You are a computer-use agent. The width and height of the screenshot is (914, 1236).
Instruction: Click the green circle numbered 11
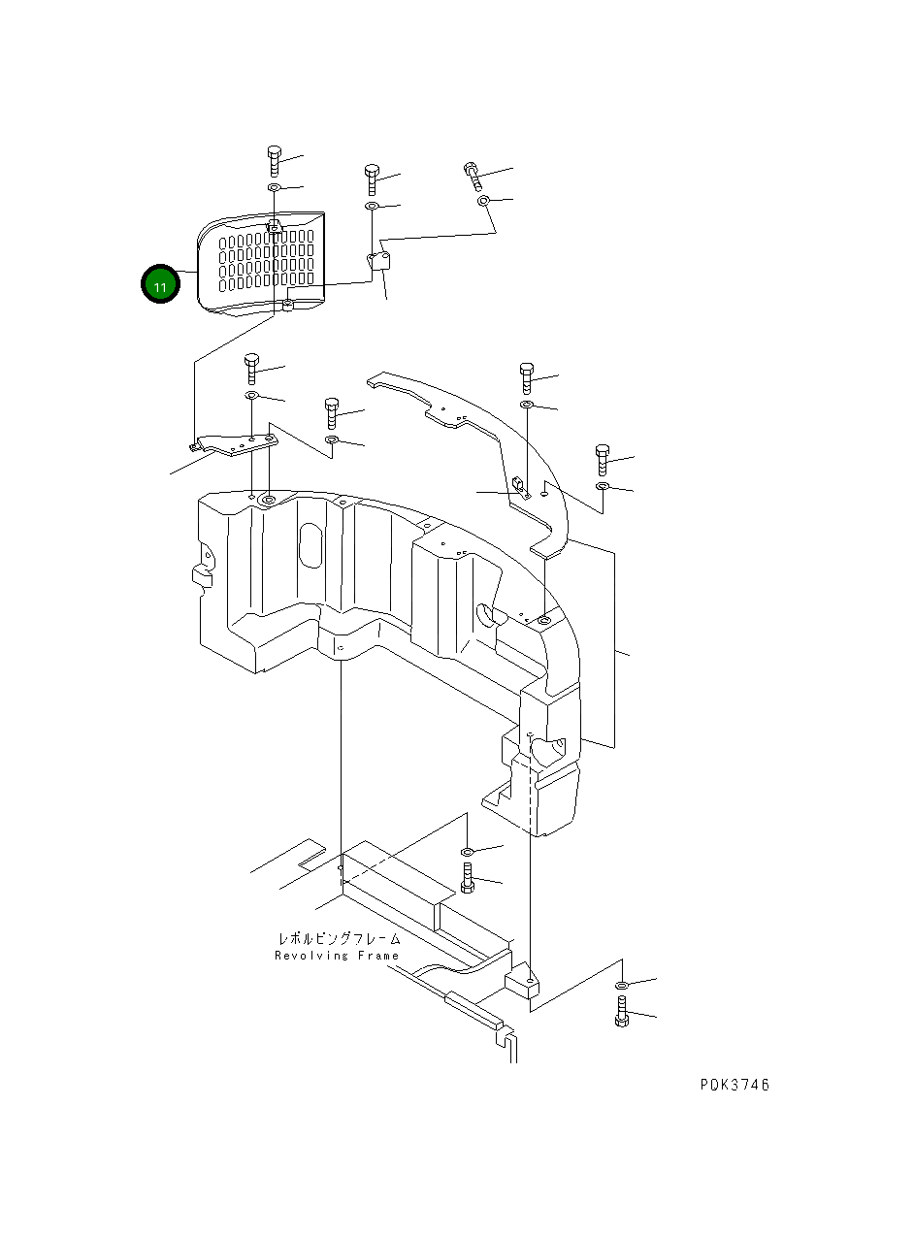point(160,285)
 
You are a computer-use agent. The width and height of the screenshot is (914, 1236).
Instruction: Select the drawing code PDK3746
point(734,1085)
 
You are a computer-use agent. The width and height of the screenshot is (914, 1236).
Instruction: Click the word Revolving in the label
point(310,956)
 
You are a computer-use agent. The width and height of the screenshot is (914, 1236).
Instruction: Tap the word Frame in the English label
point(375,956)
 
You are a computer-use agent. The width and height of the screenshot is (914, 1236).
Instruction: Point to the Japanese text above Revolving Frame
point(339,938)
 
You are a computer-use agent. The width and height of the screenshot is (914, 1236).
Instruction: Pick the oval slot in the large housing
point(311,548)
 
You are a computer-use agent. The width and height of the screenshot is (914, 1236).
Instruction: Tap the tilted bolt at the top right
point(473,176)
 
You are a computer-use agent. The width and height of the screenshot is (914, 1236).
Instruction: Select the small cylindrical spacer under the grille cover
point(288,308)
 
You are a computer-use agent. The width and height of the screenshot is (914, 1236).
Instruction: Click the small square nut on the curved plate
point(518,484)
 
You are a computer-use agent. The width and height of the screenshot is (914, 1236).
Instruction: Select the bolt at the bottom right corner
point(621,1011)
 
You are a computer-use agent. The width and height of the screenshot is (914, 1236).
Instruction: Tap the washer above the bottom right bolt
point(621,985)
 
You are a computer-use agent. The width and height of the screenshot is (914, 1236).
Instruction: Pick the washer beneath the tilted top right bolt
point(483,201)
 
